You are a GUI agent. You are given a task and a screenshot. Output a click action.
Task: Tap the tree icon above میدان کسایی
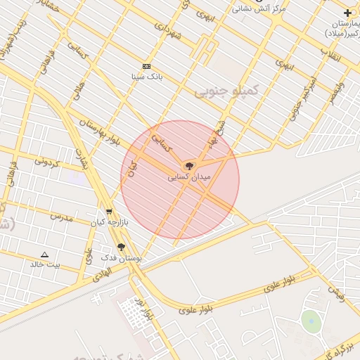[188, 166]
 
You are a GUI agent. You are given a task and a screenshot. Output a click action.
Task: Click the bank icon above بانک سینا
[146, 66]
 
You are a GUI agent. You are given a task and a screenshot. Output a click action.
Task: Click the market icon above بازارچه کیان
[108, 212]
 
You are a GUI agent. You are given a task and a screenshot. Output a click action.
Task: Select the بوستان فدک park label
[122, 258]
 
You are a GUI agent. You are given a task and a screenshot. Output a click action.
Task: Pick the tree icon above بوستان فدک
[121, 247]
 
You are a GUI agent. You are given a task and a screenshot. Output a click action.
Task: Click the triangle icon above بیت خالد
[45, 255]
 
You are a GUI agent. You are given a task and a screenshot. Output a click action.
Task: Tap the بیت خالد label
[45, 264]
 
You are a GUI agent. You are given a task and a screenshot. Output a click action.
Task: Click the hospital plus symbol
[347, 13]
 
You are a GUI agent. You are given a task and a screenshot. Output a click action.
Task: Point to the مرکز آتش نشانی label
[259, 8]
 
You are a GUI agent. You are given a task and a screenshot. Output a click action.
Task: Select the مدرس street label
[61, 217]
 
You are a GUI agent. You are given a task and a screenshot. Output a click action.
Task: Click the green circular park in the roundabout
[311, 322]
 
